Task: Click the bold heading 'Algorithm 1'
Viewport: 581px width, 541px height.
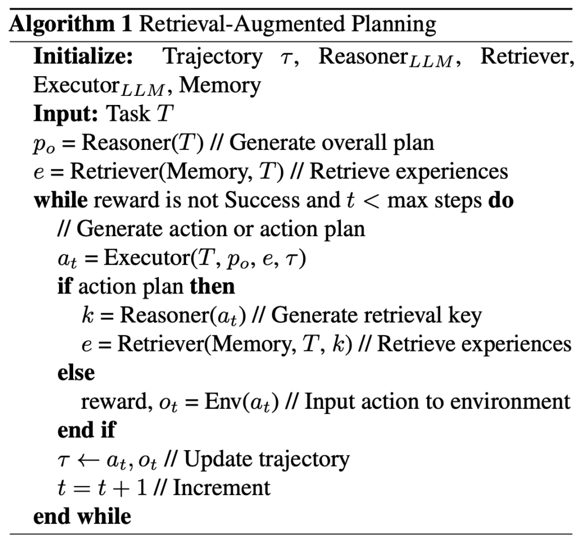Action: click(x=70, y=25)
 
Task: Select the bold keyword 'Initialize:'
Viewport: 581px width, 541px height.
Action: click(x=83, y=56)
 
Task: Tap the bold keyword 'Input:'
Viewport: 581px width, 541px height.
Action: click(x=66, y=114)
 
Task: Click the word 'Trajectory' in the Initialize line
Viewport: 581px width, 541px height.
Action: click(x=213, y=57)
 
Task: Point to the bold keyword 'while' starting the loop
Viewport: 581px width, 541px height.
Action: click(x=61, y=200)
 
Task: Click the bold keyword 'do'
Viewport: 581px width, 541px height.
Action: click(x=501, y=200)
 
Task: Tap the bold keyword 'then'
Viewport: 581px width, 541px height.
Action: click(x=212, y=286)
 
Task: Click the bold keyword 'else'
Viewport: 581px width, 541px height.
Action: click(x=76, y=372)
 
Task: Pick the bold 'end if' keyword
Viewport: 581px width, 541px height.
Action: click(x=87, y=430)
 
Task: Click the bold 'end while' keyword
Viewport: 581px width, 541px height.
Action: click(x=82, y=516)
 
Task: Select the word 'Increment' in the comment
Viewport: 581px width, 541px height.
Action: click(x=222, y=487)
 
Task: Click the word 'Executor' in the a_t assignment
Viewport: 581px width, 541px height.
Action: click(x=147, y=257)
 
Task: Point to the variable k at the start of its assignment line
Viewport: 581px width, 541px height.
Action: click(x=88, y=315)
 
